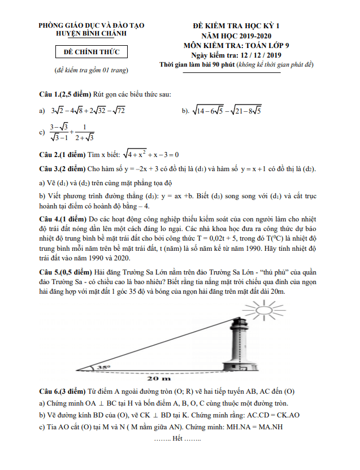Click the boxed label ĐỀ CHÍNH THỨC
(91, 53)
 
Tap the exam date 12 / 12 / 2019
(260, 55)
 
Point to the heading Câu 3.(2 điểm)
(62, 169)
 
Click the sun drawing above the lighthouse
(261, 310)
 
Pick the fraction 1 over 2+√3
(84, 132)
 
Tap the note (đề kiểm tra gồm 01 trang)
(91, 71)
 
